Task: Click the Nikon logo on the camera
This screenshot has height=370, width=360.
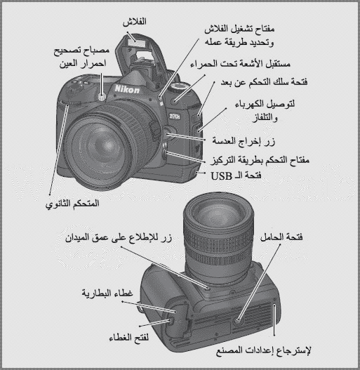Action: (x=127, y=89)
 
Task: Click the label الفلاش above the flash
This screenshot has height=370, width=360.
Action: (x=135, y=22)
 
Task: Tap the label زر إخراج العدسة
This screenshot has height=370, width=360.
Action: (x=244, y=141)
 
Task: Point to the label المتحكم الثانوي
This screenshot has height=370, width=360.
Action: (x=72, y=204)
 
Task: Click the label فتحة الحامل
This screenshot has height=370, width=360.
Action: (x=281, y=237)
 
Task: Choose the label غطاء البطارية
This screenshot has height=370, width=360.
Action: (x=107, y=293)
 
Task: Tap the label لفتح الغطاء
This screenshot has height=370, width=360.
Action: (x=129, y=338)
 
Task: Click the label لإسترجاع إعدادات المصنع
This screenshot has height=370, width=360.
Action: (x=264, y=350)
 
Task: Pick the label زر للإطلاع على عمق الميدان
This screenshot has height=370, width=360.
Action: (x=119, y=237)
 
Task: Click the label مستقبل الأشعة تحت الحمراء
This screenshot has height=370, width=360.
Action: (x=240, y=64)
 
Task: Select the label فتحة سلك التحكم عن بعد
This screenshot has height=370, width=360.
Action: (x=264, y=82)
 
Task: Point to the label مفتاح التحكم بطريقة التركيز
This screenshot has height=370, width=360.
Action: (x=260, y=160)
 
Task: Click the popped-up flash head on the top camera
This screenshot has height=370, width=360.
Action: (x=136, y=43)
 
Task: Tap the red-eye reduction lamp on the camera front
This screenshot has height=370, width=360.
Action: (x=102, y=96)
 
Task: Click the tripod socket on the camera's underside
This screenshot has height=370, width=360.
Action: (x=238, y=320)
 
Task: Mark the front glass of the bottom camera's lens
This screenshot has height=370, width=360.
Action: (x=218, y=214)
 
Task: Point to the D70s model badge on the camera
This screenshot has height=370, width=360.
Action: (x=175, y=116)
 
